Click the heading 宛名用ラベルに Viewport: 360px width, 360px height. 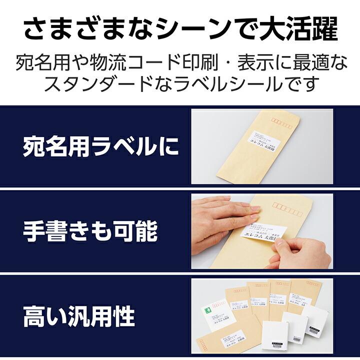point(100,147)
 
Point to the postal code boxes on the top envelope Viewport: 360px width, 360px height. point(280,121)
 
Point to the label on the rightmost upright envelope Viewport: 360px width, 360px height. point(301,301)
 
